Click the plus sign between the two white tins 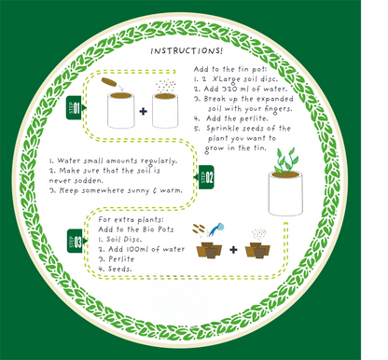(143, 112)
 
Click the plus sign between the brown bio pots (231, 249)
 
